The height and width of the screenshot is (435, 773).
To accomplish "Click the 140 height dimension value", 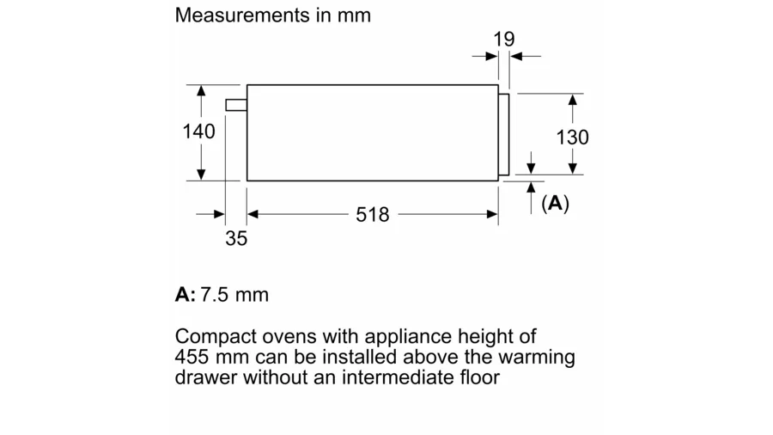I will click(198, 132).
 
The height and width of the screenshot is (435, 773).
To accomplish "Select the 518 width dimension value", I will click(373, 215).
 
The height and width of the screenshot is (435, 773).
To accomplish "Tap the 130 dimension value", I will click(573, 137).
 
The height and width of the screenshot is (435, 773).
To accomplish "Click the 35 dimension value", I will click(236, 239).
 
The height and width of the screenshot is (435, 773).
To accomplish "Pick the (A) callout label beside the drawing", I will click(556, 204).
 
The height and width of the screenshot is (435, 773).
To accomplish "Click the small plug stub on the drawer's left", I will click(235, 105).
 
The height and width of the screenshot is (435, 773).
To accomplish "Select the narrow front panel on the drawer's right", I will click(504, 133).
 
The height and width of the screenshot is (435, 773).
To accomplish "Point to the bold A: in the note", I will click(185, 295).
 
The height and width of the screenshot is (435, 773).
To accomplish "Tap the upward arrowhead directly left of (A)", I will click(531, 187).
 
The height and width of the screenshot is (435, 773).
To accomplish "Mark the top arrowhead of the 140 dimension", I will click(201, 90).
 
